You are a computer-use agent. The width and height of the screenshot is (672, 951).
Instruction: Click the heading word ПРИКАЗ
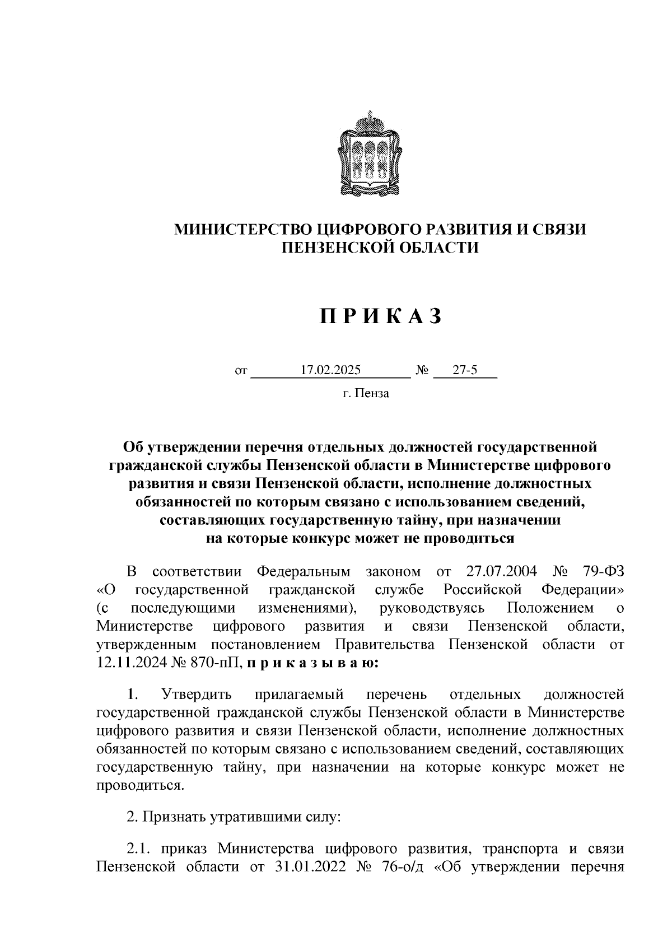[x=381, y=316]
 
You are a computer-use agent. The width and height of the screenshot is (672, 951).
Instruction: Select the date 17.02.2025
[x=330, y=370]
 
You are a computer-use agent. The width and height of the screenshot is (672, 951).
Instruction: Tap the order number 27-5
[x=465, y=370]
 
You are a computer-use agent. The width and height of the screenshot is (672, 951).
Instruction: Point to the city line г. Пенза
[x=366, y=393]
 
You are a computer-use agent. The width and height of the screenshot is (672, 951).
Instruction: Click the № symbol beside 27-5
[x=422, y=371]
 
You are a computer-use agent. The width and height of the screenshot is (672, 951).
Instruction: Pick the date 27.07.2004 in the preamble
[x=501, y=572]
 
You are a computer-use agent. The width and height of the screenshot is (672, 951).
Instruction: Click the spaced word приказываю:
[x=314, y=663]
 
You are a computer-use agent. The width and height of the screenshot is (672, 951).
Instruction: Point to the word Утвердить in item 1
[x=196, y=695]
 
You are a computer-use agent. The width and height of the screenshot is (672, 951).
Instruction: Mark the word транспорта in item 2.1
[x=517, y=849]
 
